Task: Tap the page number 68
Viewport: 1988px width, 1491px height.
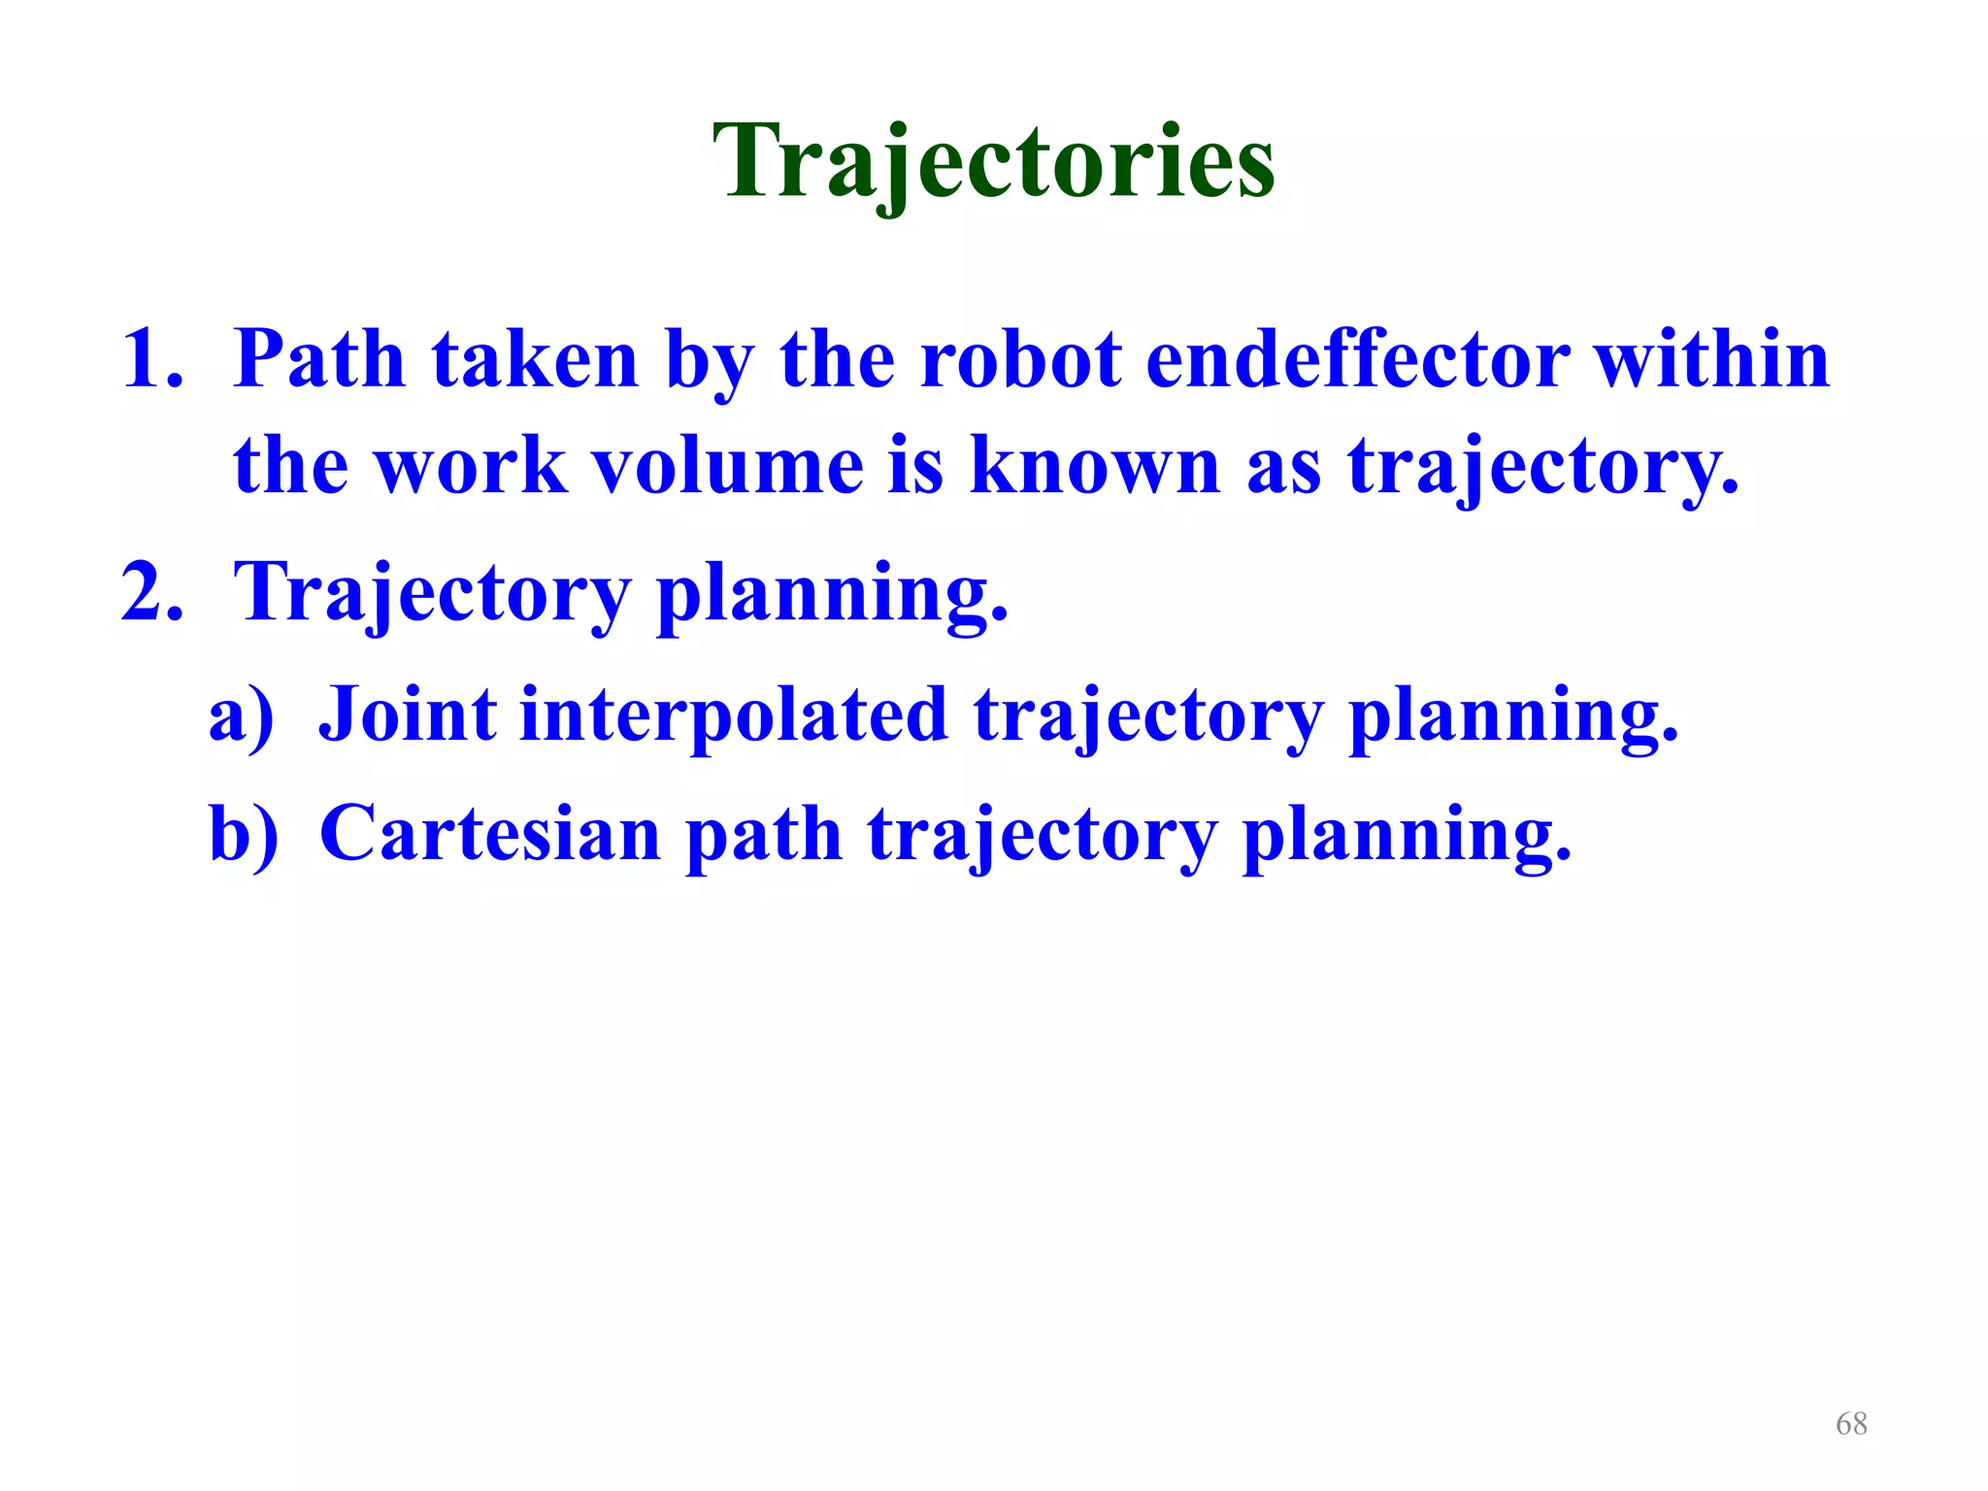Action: (x=1851, y=1423)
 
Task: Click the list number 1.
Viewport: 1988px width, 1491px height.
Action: (x=152, y=359)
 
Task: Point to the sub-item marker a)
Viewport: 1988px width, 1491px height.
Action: (x=242, y=716)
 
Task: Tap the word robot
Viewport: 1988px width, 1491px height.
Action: (x=1019, y=359)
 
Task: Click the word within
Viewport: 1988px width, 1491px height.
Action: (x=1712, y=359)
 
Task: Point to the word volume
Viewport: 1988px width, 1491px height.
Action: (x=728, y=466)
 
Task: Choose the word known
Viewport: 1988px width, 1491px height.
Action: (x=1095, y=466)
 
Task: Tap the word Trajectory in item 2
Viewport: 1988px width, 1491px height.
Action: (x=433, y=594)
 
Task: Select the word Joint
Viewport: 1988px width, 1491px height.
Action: (x=408, y=716)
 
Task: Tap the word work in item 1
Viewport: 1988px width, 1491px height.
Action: (x=470, y=466)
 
